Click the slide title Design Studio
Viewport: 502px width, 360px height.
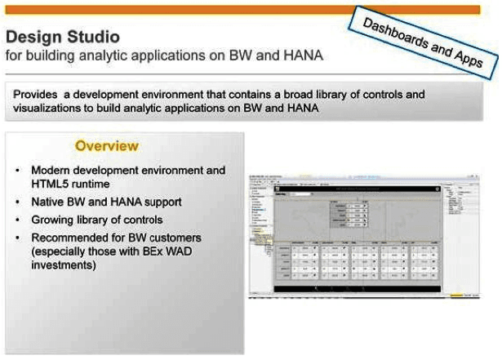(x=62, y=37)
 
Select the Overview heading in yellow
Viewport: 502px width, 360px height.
(x=106, y=146)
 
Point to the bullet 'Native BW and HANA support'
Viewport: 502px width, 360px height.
(x=106, y=202)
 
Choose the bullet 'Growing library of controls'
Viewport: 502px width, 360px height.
(x=96, y=220)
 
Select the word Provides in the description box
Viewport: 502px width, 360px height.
(x=38, y=95)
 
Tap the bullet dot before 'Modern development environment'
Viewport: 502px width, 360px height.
(x=18, y=171)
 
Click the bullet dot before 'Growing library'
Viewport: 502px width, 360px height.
(x=18, y=220)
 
